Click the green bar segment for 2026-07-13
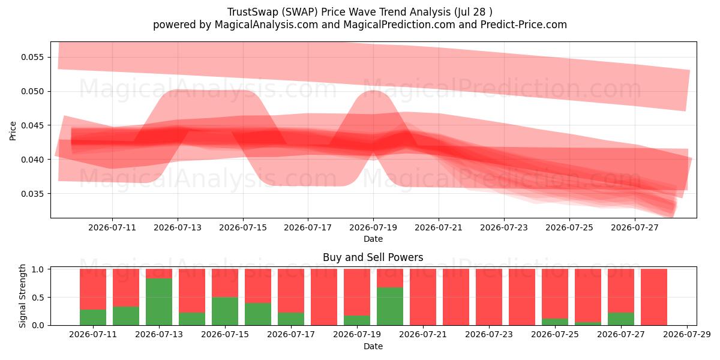point(159,302)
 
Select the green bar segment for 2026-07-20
point(390,307)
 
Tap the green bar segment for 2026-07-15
point(225,311)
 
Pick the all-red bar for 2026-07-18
point(324,297)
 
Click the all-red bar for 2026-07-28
point(654,297)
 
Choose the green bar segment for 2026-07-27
point(621,319)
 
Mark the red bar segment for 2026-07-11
point(93,289)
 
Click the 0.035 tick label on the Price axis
point(32,194)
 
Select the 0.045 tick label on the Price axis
point(32,125)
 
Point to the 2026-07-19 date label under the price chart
point(373,227)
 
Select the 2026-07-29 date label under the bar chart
point(687,335)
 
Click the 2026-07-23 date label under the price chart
point(504,227)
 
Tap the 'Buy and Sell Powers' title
point(373,257)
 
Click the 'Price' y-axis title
point(13,131)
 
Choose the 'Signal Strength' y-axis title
point(22,296)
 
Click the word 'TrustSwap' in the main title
point(252,12)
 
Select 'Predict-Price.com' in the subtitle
point(524,25)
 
